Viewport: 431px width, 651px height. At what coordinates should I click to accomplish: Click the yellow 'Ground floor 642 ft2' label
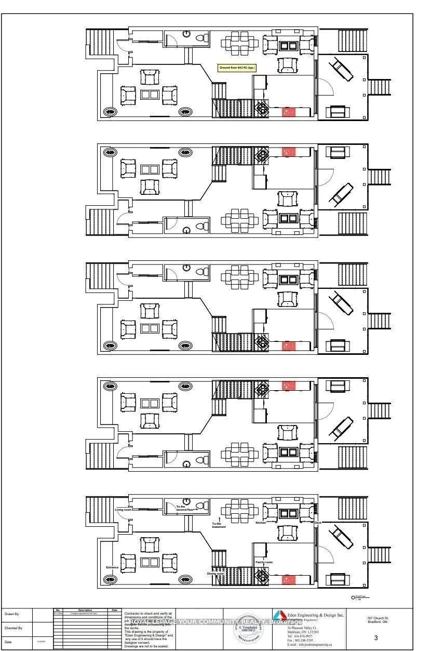coord(237,68)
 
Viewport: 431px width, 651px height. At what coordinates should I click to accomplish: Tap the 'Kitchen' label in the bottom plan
coord(260,523)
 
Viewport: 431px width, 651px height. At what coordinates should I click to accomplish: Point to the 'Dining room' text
coord(216,573)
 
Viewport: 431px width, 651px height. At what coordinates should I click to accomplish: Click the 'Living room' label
coord(122,510)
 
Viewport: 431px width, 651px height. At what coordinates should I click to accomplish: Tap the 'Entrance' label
coord(113,567)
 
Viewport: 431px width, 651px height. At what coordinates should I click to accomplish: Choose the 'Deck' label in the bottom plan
coord(318,523)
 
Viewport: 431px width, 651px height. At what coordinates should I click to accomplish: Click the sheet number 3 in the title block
coord(375,639)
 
